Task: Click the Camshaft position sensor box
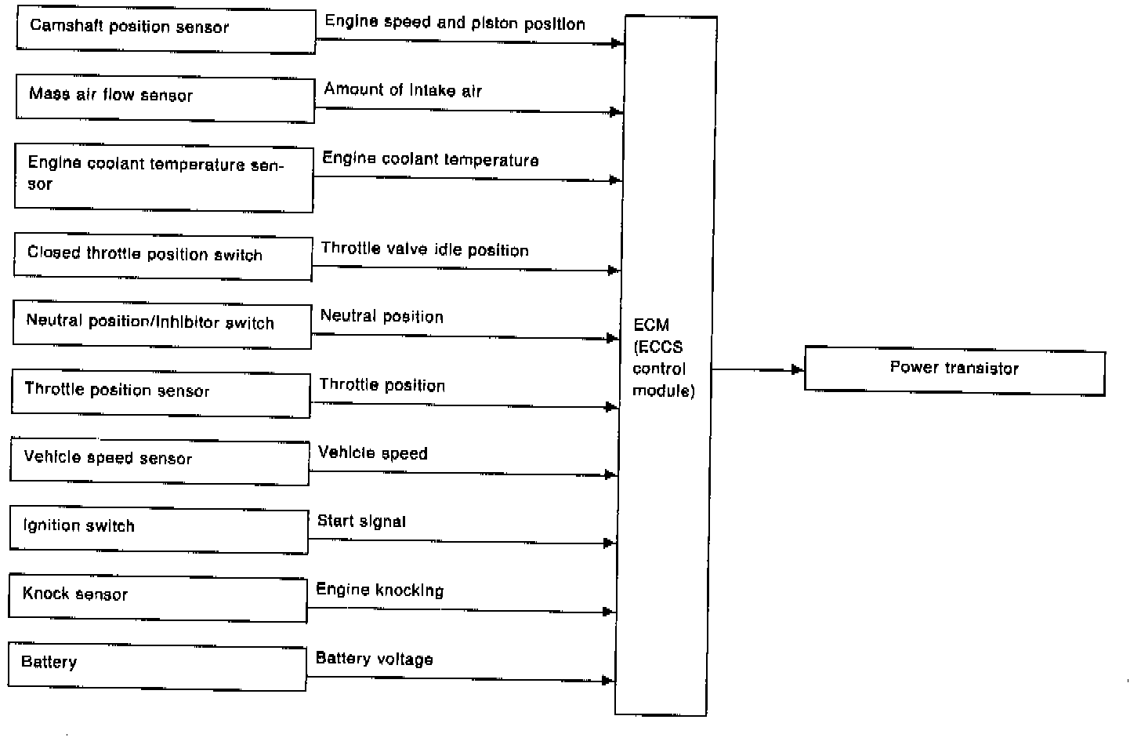click(166, 30)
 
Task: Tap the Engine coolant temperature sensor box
click(164, 178)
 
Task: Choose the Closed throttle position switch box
click(163, 256)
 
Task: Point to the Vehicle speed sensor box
click(159, 461)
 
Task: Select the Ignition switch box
click(159, 530)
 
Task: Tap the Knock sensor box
click(158, 598)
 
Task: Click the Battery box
click(157, 667)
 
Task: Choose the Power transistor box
click(955, 370)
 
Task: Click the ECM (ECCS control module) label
click(664, 358)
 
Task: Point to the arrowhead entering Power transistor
click(798, 369)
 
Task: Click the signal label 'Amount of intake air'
click(403, 89)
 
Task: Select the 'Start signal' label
click(362, 521)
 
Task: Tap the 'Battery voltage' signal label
click(375, 659)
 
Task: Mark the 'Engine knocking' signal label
click(380, 590)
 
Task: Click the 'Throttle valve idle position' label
click(425, 249)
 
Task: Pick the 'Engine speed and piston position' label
click(455, 23)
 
